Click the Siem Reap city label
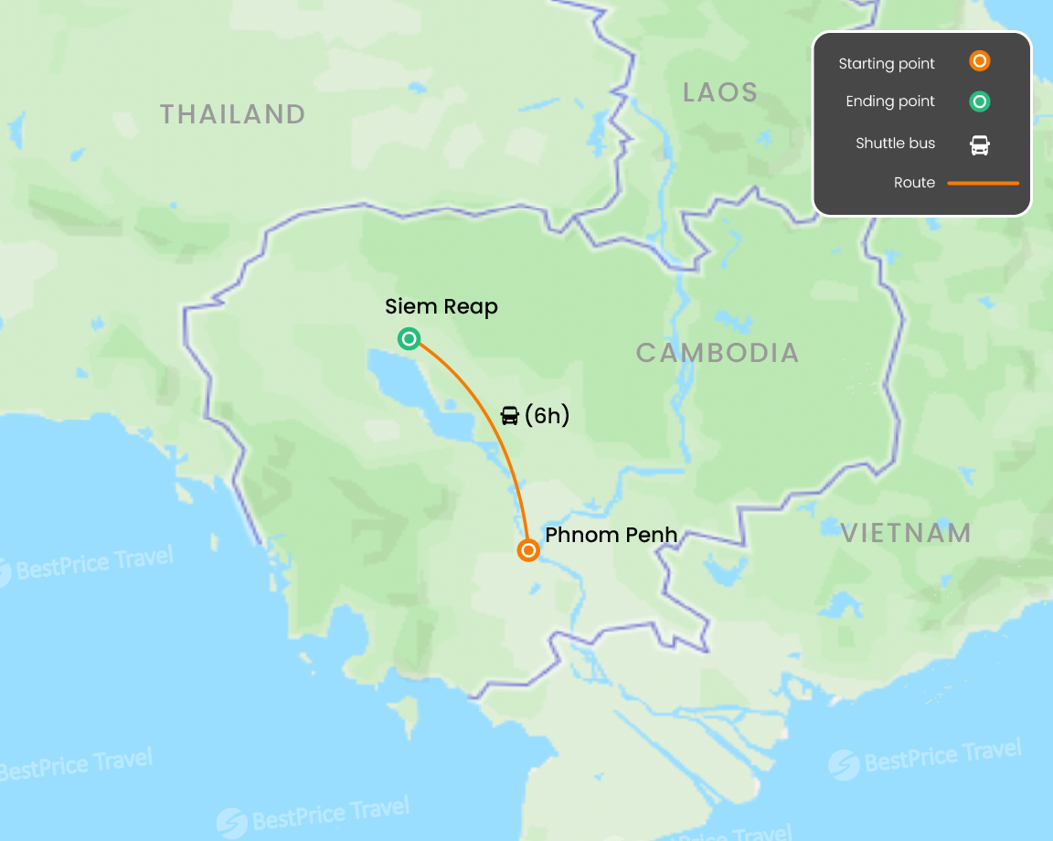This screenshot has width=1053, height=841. point(441,307)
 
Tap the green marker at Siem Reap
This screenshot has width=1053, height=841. point(409,339)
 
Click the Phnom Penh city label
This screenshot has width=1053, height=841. point(611,535)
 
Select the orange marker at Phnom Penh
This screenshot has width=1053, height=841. point(527,550)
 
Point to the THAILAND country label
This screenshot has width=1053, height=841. point(232,114)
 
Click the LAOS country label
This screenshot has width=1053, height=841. point(720,92)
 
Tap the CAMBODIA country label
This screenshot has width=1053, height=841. point(718,353)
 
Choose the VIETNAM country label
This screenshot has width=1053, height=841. point(906,534)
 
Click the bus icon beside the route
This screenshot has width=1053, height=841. point(510,416)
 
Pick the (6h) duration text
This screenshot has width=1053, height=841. point(547,416)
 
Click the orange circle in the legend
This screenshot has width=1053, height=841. point(979,62)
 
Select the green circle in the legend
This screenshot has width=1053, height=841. point(979,101)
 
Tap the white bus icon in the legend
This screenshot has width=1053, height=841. point(979,144)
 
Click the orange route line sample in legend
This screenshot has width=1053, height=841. point(983,183)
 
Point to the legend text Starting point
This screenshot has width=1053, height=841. point(887,64)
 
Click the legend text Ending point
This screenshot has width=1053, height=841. point(890,101)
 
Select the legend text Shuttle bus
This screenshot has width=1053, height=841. point(895,144)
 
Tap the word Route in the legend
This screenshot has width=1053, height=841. point(914,183)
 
